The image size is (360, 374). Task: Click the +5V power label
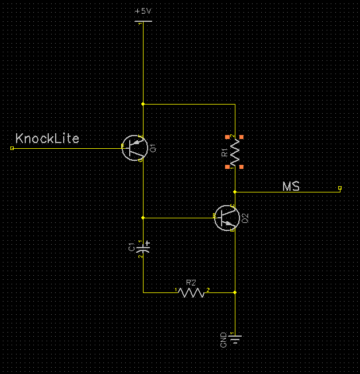[x=143, y=11]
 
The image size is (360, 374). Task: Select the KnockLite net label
[x=47, y=138]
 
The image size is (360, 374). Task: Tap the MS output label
[x=291, y=186]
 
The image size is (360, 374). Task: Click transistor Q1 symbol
[x=135, y=148]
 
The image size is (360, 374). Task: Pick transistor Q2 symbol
[x=226, y=218]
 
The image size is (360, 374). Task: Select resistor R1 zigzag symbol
[x=235, y=152]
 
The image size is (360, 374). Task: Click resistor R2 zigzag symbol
[x=192, y=292]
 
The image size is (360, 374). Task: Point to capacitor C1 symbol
[x=144, y=247]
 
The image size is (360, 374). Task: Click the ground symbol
[x=235, y=339]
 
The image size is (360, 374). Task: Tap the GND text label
[x=223, y=340]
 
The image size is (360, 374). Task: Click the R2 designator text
[x=191, y=283]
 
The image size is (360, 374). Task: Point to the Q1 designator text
[x=153, y=149]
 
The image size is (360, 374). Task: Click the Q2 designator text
[x=245, y=218]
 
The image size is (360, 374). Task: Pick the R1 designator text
[x=224, y=152]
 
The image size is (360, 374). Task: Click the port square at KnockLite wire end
[x=12, y=148]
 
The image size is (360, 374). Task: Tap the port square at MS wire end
[x=340, y=188]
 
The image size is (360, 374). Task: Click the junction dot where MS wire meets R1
[x=235, y=191]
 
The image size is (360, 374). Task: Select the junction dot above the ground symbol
[x=235, y=292]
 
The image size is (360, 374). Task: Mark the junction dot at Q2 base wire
[x=143, y=218]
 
